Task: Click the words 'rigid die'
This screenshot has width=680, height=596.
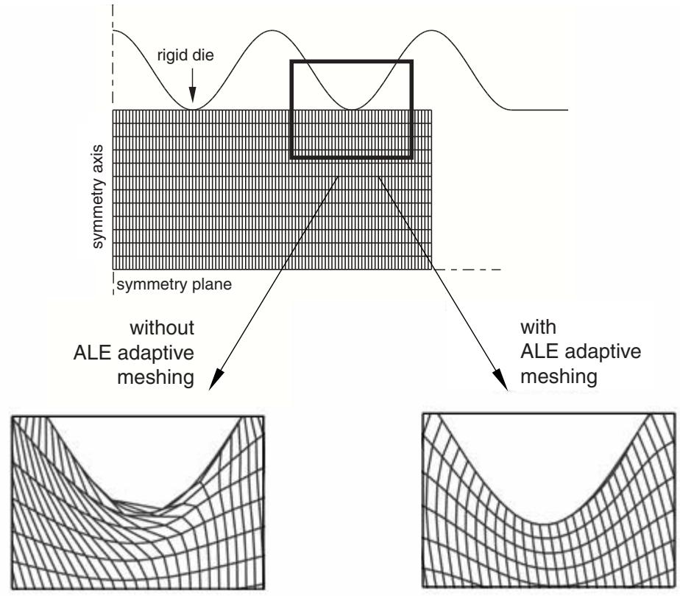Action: (185, 56)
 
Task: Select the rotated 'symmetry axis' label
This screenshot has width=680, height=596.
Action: (99, 197)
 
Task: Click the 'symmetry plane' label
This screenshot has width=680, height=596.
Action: (174, 285)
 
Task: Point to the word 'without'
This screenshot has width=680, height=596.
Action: (162, 328)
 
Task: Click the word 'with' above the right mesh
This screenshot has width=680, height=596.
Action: (538, 327)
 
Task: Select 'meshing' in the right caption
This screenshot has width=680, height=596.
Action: (559, 376)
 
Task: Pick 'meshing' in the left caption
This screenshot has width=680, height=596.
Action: (156, 377)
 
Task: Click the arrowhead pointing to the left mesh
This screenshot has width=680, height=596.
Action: (215, 380)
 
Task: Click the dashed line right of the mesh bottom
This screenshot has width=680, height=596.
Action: (467, 270)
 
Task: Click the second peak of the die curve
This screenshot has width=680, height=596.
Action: (272, 31)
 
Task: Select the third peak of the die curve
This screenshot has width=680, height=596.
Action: (431, 31)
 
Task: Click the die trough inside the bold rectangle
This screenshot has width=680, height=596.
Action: (352, 108)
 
